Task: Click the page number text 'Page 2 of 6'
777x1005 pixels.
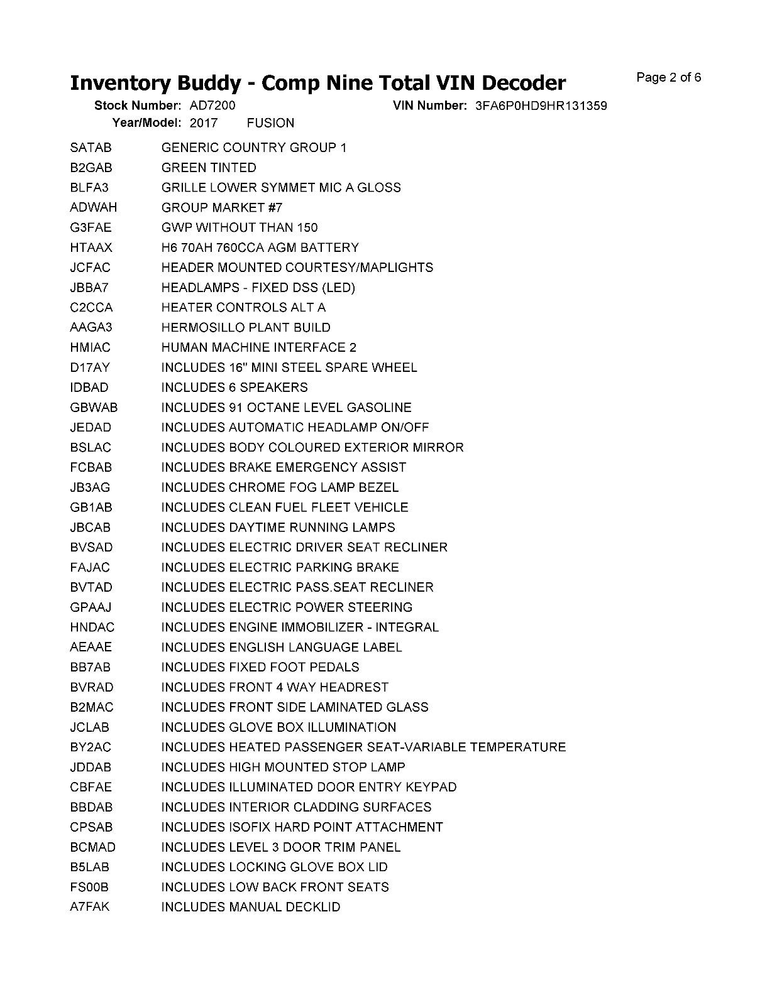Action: [x=668, y=78]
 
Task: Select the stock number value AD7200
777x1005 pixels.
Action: [x=212, y=106]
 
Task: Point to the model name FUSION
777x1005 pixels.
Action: [x=270, y=123]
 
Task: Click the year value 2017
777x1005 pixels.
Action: [x=203, y=123]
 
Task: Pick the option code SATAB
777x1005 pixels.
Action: [x=91, y=148]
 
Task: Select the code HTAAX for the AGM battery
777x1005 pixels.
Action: [x=91, y=247]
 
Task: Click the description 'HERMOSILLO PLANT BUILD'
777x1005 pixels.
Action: [x=246, y=327]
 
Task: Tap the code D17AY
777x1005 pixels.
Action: [x=90, y=367]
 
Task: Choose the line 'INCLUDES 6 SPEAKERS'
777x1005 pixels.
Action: [x=234, y=388]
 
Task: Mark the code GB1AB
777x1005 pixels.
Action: [x=91, y=508]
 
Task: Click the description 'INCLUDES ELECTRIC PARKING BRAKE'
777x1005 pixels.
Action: [x=280, y=567]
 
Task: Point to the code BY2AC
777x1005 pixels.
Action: [x=91, y=747]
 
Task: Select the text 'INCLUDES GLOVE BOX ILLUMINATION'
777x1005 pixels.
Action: [x=278, y=727]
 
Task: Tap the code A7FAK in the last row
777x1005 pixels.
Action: [x=90, y=907]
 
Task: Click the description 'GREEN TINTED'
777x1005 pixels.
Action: [x=209, y=168]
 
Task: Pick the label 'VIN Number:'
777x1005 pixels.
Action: [x=429, y=106]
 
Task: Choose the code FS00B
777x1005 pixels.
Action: [x=89, y=887]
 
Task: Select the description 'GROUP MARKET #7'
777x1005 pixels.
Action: [x=222, y=207]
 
